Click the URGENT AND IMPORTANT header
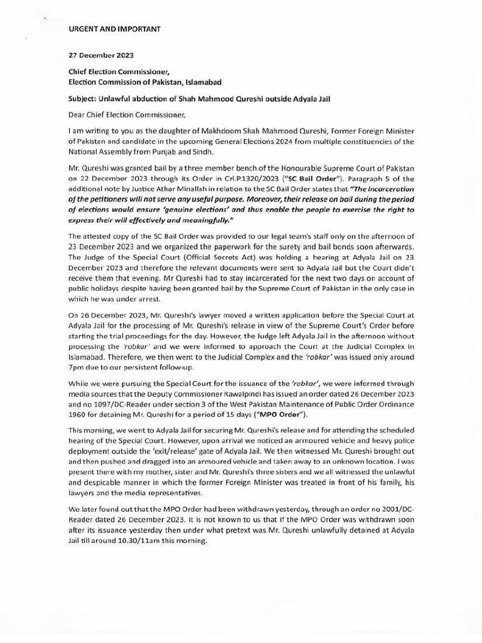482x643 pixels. [114, 29]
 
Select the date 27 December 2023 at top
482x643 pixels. [101, 55]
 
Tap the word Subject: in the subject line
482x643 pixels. [83, 99]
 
